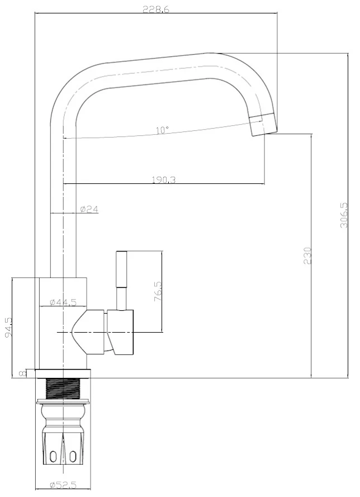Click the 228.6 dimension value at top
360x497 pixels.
[x=156, y=9]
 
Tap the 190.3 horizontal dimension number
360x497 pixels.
[x=164, y=180]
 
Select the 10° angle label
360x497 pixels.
[x=162, y=130]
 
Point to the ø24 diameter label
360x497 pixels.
[x=89, y=209]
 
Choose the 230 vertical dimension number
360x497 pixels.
[x=307, y=255]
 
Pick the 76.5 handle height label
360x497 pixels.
[x=158, y=291]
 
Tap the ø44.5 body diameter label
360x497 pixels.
[x=63, y=302]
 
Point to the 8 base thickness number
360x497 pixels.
[x=22, y=373]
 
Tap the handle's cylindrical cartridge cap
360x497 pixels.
[x=120, y=332]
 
